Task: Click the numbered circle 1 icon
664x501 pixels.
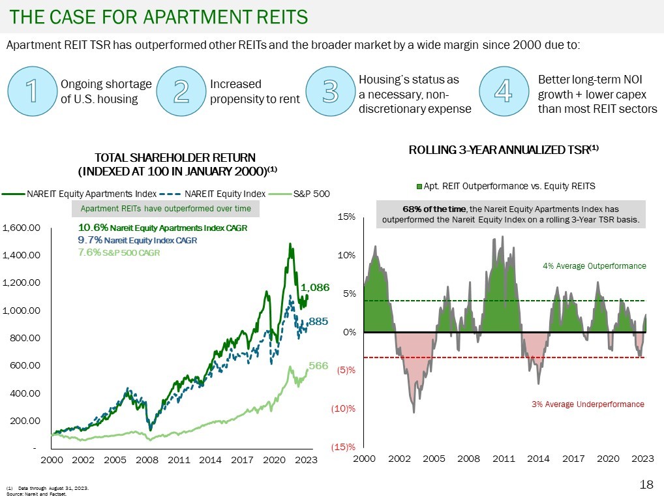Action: click(x=31, y=92)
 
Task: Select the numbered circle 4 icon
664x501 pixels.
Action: click(x=503, y=92)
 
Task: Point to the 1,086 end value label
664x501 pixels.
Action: click(x=315, y=287)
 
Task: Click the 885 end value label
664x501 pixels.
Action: click(x=318, y=322)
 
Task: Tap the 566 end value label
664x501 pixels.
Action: click(x=318, y=366)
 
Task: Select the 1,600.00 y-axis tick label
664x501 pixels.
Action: click(x=22, y=228)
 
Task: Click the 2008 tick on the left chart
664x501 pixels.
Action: click(x=147, y=460)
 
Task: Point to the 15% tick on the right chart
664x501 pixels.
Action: click(x=346, y=216)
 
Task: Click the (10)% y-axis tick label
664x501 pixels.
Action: click(x=346, y=409)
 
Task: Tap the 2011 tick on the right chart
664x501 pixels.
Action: click(x=504, y=459)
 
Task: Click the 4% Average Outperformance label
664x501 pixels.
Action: click(x=594, y=266)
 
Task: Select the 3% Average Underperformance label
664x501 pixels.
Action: click(x=588, y=404)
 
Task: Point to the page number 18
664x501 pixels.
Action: click(x=646, y=485)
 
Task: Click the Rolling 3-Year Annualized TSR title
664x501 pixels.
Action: click(x=504, y=150)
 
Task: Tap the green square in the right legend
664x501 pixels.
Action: click(x=419, y=187)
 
